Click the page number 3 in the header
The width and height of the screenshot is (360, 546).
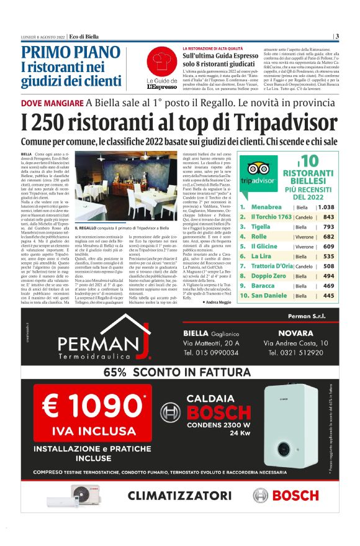(336, 36)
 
